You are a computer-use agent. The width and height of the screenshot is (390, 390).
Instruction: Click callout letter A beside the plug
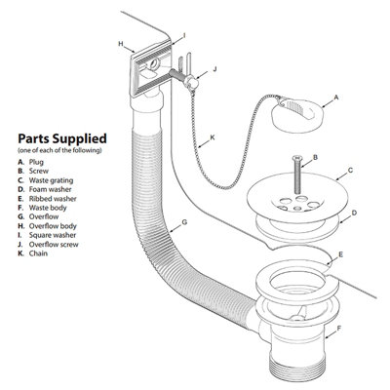[x=335, y=98]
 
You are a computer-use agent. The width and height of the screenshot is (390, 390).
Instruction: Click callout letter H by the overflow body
[x=119, y=45]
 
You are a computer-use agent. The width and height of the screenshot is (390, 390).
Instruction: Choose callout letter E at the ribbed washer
[x=339, y=255]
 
